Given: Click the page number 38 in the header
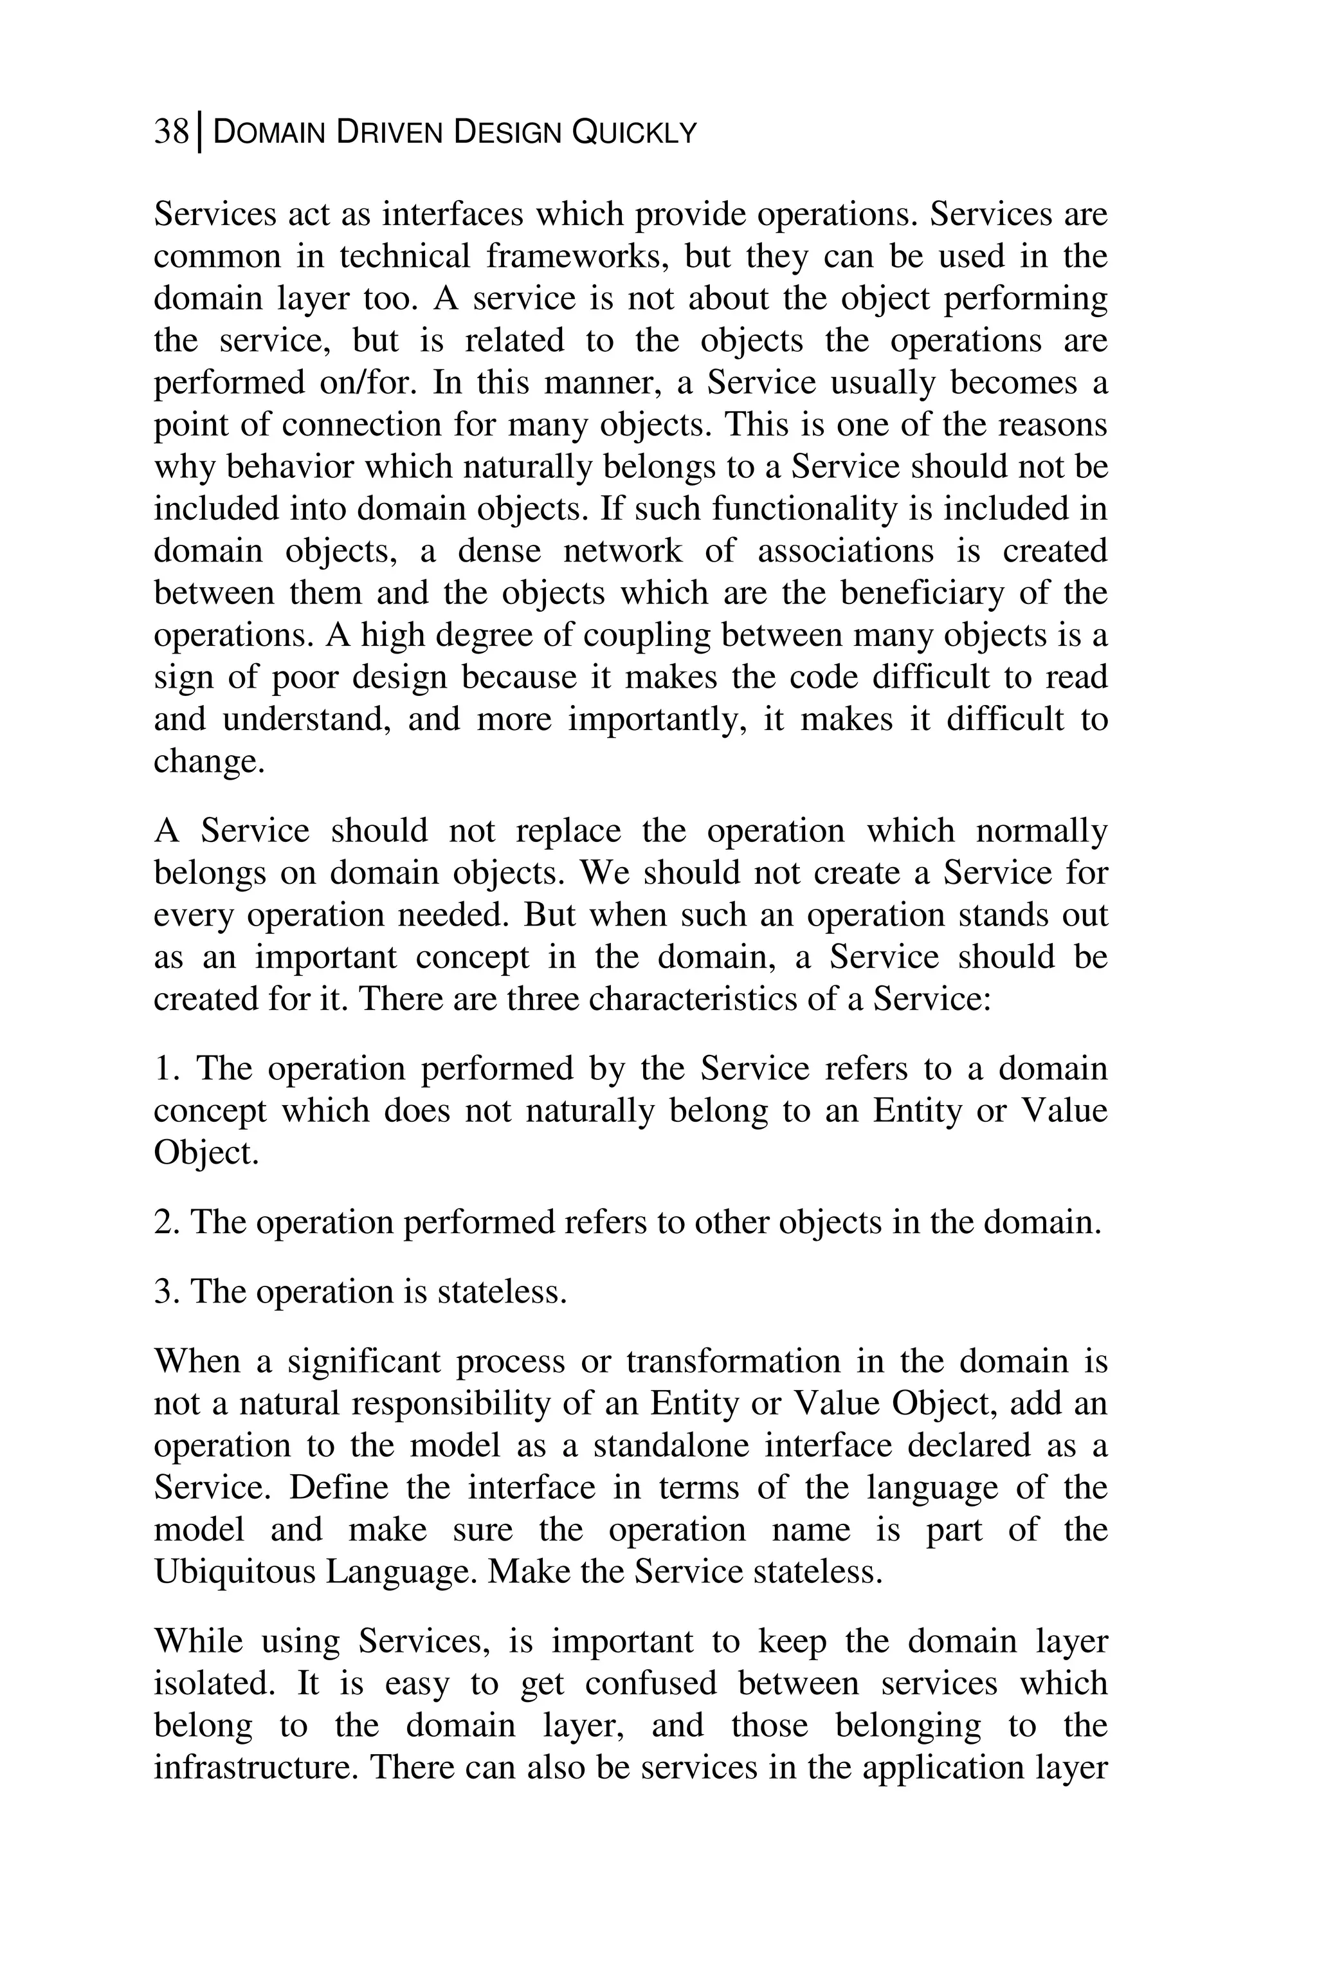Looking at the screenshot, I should point(170,132).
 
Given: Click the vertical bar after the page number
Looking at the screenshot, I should point(199,134).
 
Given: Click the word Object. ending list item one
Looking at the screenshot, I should point(206,1153).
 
